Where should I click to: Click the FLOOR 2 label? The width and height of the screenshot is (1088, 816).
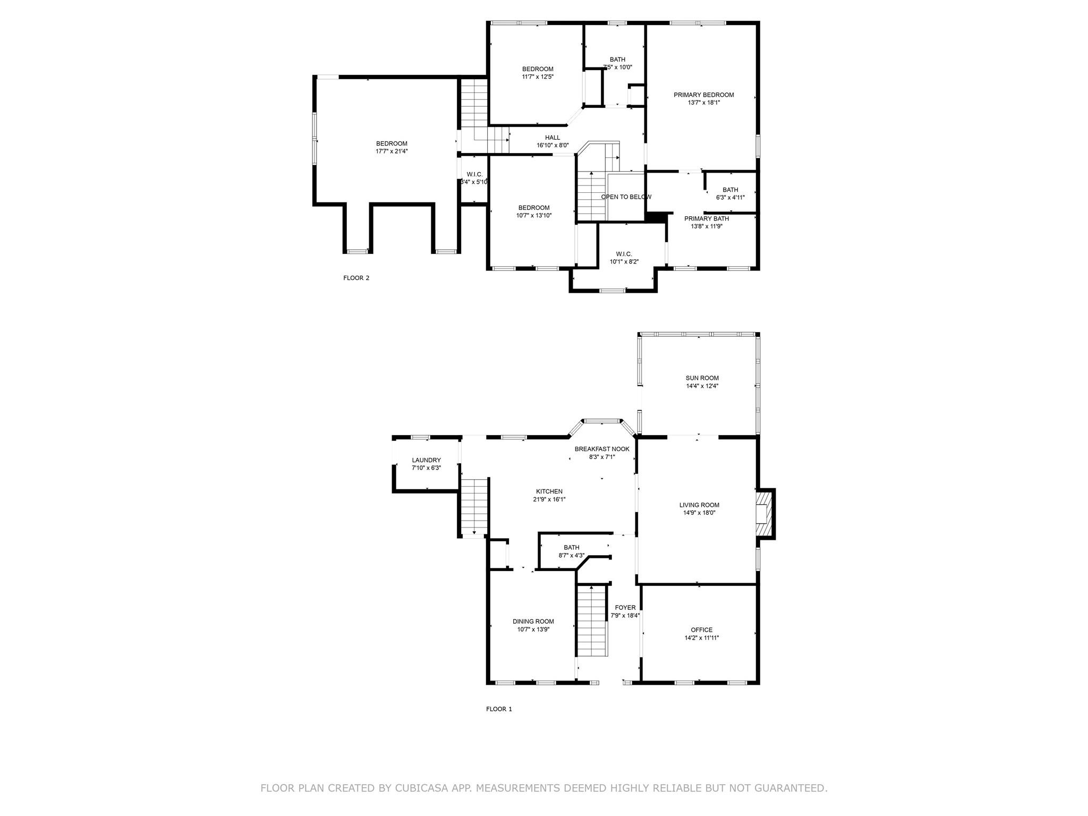(x=356, y=278)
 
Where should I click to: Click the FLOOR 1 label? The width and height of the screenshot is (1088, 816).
(x=499, y=709)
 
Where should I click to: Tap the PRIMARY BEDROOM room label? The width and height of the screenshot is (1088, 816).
(x=703, y=95)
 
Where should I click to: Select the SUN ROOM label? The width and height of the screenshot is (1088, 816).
(x=702, y=378)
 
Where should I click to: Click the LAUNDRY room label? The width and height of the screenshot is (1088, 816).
(x=426, y=460)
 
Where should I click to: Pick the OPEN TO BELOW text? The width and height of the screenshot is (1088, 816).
(x=626, y=197)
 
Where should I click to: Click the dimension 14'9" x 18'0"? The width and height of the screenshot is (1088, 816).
(x=699, y=513)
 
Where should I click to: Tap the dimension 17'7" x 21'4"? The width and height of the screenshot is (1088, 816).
(x=392, y=151)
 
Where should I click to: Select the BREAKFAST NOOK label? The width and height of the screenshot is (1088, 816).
(x=602, y=449)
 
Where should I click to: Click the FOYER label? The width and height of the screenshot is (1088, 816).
(x=625, y=608)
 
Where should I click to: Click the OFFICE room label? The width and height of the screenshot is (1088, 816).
(x=702, y=630)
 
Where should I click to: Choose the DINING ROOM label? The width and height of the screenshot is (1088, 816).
(x=533, y=622)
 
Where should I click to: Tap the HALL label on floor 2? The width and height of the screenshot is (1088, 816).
(x=552, y=138)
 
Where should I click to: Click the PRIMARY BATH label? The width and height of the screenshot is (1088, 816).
(x=706, y=218)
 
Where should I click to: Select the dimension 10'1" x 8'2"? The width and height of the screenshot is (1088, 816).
(x=624, y=261)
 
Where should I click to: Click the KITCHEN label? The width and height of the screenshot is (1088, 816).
(x=549, y=491)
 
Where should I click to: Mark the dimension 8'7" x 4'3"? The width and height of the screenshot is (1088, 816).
(x=571, y=555)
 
